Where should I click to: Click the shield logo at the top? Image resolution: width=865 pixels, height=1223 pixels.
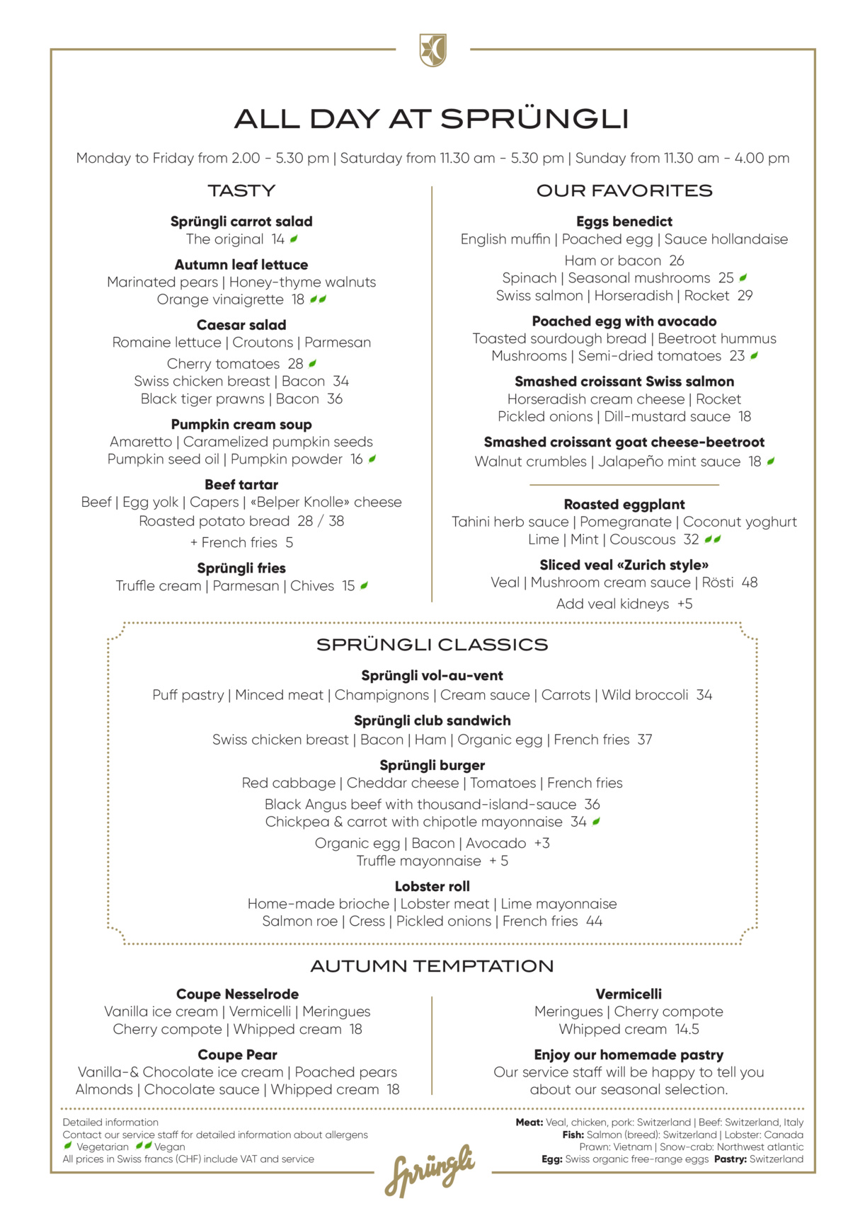[x=432, y=50]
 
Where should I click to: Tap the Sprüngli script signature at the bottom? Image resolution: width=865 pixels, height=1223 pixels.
[x=430, y=1170]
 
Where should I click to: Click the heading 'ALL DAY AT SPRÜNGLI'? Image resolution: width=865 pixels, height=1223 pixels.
[x=432, y=119]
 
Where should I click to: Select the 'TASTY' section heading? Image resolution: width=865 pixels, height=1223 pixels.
[x=241, y=190]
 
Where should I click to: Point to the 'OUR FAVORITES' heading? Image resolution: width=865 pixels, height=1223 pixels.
[x=624, y=190]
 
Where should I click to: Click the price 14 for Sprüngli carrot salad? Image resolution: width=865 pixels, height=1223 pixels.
[x=277, y=239]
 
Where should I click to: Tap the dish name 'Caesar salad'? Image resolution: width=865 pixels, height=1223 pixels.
[x=241, y=325]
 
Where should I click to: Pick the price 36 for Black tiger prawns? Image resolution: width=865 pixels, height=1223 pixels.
[x=334, y=398]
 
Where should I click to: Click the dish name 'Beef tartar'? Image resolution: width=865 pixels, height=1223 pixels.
[x=241, y=485]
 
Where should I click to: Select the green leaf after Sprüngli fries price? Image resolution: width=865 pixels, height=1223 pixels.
[x=364, y=585]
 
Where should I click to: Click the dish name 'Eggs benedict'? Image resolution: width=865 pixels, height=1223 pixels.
[x=624, y=222]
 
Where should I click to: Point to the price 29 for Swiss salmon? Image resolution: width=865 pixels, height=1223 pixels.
[x=745, y=295]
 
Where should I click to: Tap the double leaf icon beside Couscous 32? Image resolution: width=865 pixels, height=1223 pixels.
[x=713, y=539]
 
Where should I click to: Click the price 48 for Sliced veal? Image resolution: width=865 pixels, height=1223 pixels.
[x=749, y=582]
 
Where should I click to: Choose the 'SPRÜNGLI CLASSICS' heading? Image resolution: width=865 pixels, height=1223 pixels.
[x=432, y=645]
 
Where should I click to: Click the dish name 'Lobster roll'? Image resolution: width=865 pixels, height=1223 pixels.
[x=432, y=886]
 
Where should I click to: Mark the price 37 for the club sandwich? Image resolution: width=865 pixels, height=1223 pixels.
[x=644, y=740]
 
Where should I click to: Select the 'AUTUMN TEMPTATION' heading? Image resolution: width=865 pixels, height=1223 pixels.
[x=432, y=966]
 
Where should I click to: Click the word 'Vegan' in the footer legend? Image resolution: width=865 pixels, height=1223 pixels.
[x=170, y=1147]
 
